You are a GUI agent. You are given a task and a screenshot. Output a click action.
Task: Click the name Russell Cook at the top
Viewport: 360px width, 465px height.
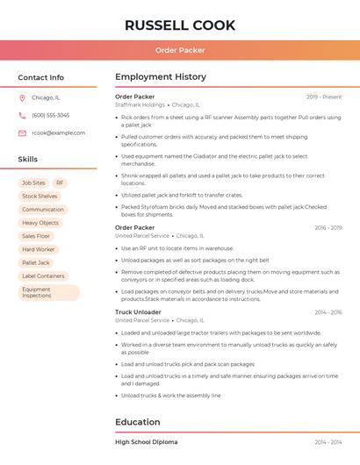click(180, 25)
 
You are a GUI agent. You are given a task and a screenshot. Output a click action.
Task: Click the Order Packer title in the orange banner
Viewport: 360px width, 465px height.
click(180, 50)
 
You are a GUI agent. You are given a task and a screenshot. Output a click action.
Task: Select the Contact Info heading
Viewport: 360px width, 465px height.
click(40, 77)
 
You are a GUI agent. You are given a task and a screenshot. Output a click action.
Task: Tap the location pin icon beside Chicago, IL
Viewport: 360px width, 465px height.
click(22, 98)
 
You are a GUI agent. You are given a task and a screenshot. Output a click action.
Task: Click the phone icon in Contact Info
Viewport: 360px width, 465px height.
click(22, 116)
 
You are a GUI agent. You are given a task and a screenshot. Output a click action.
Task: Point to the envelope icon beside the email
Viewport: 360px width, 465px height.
click(22, 133)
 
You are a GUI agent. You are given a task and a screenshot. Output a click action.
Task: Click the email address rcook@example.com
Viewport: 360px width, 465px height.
click(59, 133)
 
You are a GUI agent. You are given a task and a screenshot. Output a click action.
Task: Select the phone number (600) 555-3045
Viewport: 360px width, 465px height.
click(50, 116)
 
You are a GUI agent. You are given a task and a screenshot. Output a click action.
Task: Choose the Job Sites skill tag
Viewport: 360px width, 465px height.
click(33, 183)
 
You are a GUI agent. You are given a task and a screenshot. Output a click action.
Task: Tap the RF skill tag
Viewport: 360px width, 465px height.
click(61, 183)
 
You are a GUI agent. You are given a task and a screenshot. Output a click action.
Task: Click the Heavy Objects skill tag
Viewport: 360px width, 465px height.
click(40, 223)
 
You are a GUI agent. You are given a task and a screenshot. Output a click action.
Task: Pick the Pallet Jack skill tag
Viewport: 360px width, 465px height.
click(36, 262)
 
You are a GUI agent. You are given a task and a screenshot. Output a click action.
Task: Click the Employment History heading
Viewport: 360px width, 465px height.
click(161, 77)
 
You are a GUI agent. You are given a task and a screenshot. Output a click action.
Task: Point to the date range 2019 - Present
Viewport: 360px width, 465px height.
click(324, 97)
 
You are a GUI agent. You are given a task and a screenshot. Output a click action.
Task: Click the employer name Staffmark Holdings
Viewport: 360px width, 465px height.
click(140, 104)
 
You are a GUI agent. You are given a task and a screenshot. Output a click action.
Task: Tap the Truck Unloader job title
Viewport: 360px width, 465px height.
click(138, 312)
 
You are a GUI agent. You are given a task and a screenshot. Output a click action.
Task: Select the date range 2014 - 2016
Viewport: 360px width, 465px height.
click(328, 312)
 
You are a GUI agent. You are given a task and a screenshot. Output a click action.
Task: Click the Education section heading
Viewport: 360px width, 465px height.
click(138, 422)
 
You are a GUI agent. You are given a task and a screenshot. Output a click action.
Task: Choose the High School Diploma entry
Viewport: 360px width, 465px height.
click(146, 442)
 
